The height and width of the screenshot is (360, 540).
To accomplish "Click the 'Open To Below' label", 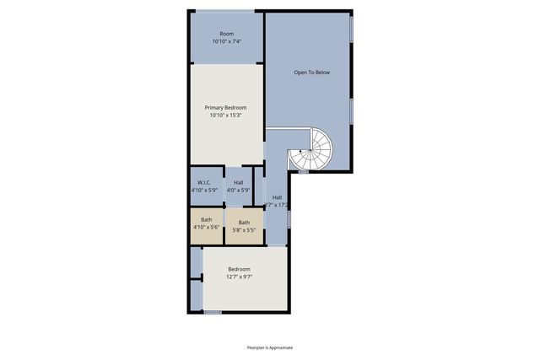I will point(311,73).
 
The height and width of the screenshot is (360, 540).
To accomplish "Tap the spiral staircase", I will point(311,151).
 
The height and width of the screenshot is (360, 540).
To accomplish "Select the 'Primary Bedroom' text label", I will point(225,108).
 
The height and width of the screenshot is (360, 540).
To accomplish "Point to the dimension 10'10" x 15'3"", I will point(225,116).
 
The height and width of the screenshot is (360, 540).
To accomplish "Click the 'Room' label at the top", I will point(226,34).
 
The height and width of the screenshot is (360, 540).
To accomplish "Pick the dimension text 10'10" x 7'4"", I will point(226,41).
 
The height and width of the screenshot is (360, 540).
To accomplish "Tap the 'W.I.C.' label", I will point(205,183).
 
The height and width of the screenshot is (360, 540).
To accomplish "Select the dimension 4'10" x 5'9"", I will point(205,191).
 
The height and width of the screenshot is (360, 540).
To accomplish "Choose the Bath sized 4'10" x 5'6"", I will point(206,223).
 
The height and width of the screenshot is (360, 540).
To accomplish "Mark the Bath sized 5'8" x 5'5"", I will point(244,223).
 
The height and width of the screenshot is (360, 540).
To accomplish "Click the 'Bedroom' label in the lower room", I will point(240,269).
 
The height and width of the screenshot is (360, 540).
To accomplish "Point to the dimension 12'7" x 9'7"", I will point(240,277).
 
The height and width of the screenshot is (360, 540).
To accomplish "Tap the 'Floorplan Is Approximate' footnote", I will point(270,347).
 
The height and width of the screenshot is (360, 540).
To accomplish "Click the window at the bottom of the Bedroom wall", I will point(213,312).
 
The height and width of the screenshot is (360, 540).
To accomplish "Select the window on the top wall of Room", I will point(224,11).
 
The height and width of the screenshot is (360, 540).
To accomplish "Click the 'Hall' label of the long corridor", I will point(277,197).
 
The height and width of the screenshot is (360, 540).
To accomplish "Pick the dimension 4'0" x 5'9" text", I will point(239,191).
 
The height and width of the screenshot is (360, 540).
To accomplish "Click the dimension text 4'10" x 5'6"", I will point(206,228).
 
